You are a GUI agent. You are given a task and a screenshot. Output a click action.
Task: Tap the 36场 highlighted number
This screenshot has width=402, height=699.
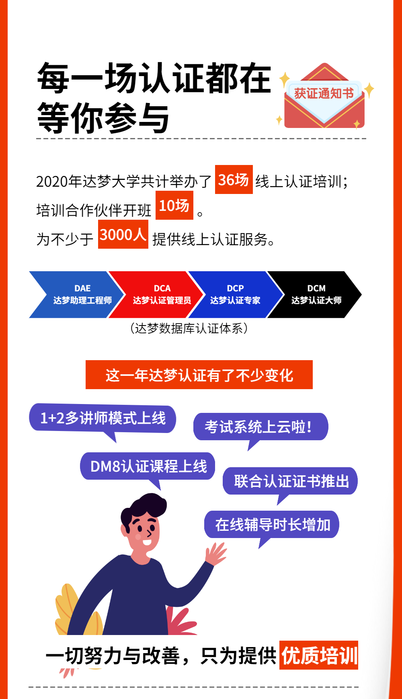coord(234,179)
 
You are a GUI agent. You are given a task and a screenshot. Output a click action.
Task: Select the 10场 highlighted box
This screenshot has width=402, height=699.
coord(174,206)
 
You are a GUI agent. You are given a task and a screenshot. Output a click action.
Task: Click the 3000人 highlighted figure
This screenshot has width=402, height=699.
coord(123,234)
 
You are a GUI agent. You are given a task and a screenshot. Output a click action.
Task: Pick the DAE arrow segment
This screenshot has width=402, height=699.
coord(76,295)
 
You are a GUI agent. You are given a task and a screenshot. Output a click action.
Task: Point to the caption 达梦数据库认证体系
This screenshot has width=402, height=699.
coord(189,328)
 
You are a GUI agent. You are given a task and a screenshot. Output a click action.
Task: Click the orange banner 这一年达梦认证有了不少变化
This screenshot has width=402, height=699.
coord(199,375)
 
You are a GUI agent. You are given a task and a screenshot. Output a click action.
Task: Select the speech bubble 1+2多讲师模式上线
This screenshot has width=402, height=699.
coord(103,418)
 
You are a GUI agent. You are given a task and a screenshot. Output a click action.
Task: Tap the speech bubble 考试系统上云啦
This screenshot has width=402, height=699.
coord(260,427)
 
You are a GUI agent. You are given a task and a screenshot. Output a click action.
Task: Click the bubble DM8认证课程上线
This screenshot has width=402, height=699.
coord(148,466)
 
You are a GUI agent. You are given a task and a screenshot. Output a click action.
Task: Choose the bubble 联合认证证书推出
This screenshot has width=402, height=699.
coord(290,481)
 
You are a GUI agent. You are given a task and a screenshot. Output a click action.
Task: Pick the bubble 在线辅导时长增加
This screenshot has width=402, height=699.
coord(272,524)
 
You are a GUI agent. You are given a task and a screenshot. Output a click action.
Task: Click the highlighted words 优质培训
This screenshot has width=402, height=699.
coord(319,655)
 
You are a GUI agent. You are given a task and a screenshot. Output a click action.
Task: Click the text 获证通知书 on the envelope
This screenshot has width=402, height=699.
coord(324,93)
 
